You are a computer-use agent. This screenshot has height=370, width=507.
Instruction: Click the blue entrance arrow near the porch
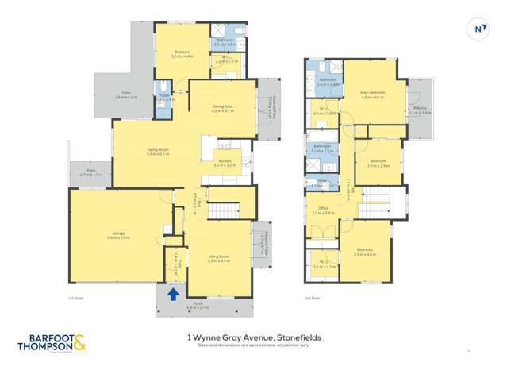pyautogui.click(x=174, y=294)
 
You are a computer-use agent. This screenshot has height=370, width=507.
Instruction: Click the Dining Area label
pyautogui.click(x=223, y=110)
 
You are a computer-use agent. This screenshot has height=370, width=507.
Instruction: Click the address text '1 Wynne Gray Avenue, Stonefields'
pyautogui.click(x=253, y=337)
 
